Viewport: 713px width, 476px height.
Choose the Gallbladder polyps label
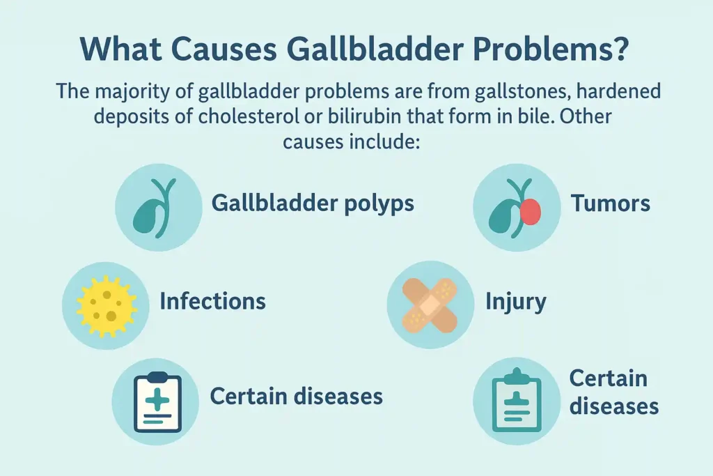313,204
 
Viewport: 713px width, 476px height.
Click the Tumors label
611,204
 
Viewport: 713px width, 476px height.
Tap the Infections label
212,301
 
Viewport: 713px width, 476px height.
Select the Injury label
515,301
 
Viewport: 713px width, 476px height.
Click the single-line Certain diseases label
296,397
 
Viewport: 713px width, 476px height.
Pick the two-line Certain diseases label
613,392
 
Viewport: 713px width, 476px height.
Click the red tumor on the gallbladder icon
531,211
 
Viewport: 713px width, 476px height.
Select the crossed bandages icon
429,305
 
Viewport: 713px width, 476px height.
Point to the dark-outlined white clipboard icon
156,401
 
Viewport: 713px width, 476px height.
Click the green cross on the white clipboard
157,399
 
